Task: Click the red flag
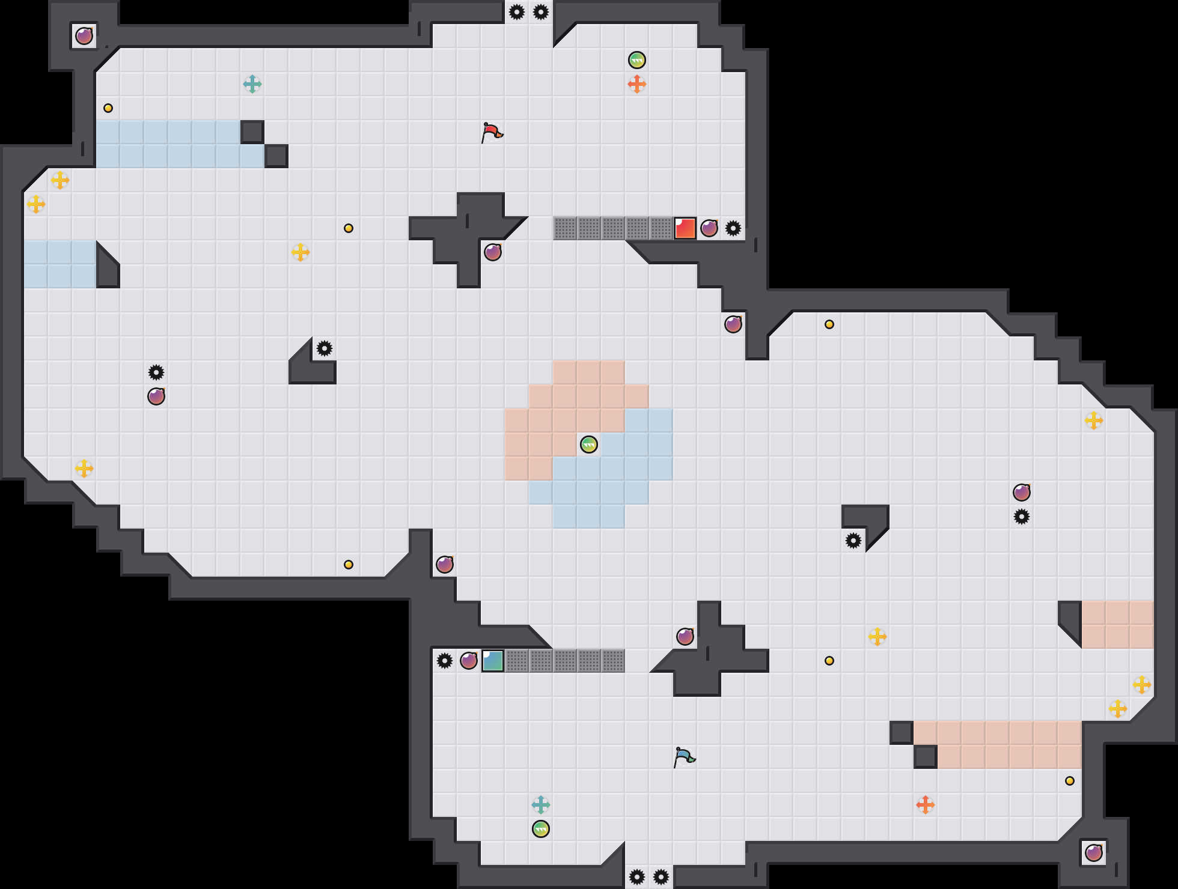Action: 492,132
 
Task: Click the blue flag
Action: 684,757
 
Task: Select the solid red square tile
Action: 685,228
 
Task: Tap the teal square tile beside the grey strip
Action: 493,661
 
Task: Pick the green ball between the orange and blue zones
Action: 589,444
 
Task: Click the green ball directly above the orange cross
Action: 637,60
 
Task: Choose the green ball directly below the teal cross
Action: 541,829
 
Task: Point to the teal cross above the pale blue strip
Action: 252,84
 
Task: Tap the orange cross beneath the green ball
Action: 637,84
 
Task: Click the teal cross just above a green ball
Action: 541,805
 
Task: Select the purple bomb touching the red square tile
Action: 709,228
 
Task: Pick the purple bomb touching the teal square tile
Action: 469,661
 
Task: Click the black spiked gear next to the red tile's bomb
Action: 733,228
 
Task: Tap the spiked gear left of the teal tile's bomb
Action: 445,661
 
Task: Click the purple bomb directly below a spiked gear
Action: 156,396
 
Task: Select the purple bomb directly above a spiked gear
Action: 1022,493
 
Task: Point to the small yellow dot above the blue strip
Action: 108,108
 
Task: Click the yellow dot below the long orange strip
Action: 1070,781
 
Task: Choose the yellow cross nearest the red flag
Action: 301,252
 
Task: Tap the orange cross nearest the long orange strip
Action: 926,805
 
